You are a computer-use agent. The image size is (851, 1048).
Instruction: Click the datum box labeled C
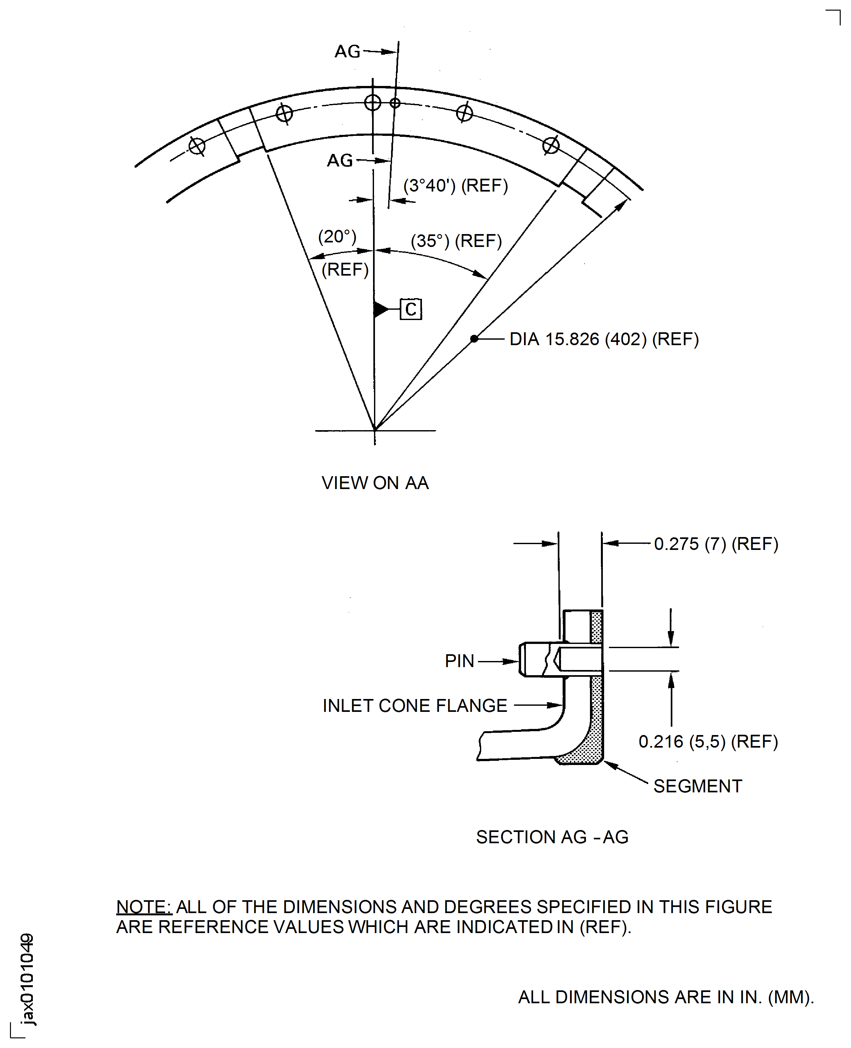tap(411, 309)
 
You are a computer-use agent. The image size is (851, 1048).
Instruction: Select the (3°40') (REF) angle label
tap(455, 185)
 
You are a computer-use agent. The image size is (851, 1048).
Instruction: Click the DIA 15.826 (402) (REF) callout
tap(604, 339)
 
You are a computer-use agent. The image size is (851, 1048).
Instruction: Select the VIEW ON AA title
tap(375, 483)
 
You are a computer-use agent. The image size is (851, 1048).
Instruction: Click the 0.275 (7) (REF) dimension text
tap(716, 544)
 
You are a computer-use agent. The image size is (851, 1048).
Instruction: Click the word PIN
tap(459, 661)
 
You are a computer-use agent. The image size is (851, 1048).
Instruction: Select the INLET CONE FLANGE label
tap(415, 706)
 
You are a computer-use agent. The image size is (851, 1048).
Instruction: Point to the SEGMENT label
tap(697, 786)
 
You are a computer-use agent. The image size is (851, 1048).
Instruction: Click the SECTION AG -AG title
tap(552, 837)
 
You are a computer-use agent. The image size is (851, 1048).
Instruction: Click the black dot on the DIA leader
tap(474, 339)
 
